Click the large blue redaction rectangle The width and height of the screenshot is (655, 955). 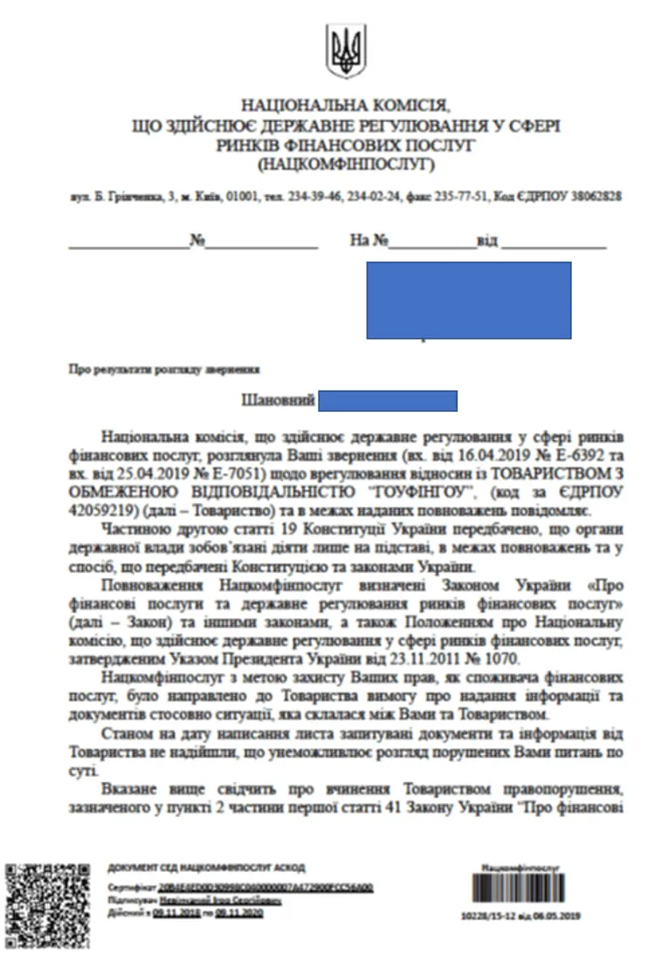(x=468, y=299)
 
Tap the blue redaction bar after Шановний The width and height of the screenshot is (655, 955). (x=388, y=401)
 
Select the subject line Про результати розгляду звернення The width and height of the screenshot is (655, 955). (x=164, y=369)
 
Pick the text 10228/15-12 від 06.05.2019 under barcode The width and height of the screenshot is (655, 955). (x=521, y=916)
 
